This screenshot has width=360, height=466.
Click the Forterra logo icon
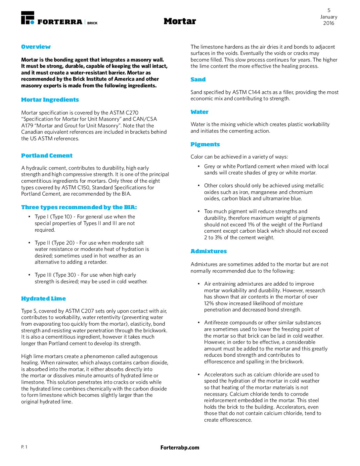click(x=27, y=18)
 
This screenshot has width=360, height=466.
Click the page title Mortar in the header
click(x=180, y=21)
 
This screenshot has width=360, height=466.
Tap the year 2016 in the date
click(x=329, y=23)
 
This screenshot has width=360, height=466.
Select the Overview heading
click(x=36, y=47)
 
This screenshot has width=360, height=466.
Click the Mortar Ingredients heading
click(x=50, y=100)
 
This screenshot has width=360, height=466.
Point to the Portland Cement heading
click(x=47, y=156)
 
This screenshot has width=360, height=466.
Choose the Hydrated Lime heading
click(x=43, y=299)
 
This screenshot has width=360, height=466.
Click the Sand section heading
click(x=198, y=79)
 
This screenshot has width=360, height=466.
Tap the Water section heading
click(x=199, y=112)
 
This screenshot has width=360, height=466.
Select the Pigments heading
click(x=205, y=144)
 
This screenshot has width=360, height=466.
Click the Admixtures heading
click(x=208, y=251)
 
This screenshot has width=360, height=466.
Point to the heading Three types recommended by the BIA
click(x=79, y=207)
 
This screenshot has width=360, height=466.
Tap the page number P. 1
click(x=24, y=447)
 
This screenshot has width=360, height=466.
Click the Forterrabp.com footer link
click(x=180, y=447)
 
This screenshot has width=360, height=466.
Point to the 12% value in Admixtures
click(x=209, y=303)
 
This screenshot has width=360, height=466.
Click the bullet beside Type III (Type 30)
click(x=29, y=275)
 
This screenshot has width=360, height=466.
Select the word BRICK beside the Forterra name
click(x=92, y=23)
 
